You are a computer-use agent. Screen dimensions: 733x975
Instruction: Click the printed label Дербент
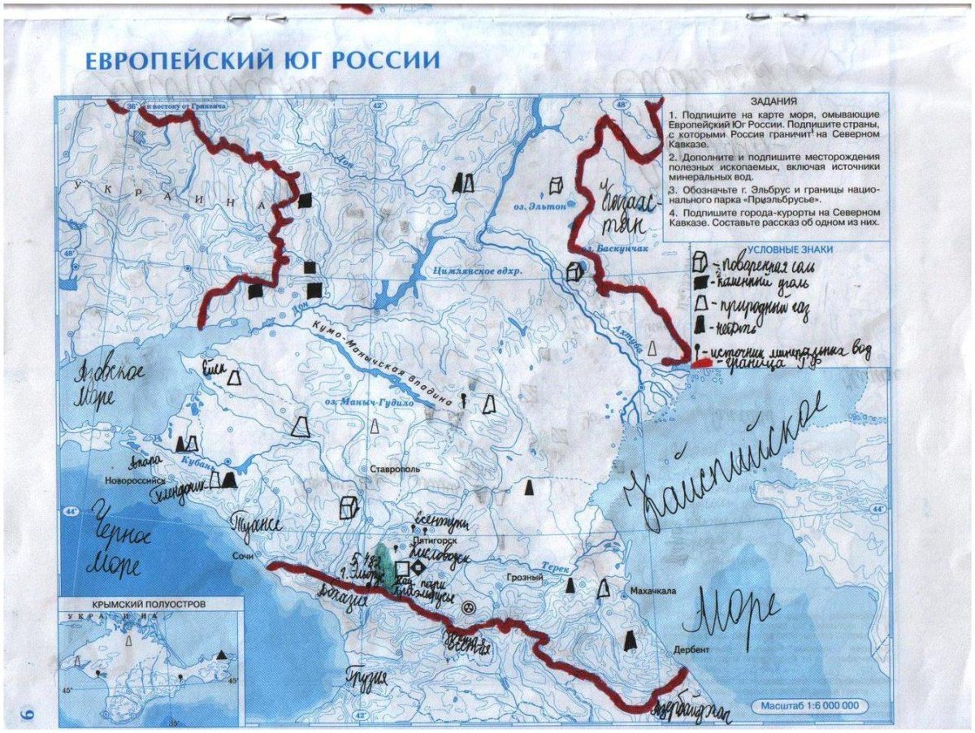tap(691, 651)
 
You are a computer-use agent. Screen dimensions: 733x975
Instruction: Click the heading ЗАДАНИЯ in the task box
tap(773, 102)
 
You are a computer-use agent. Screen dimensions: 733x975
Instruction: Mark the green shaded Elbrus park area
tap(389, 569)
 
